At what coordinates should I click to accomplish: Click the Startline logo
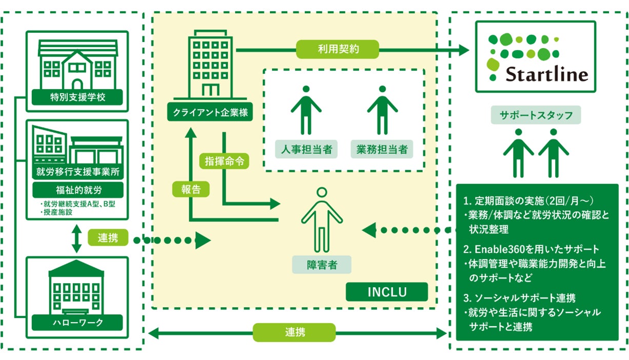(x=536, y=56)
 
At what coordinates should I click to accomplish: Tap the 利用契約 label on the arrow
(x=338, y=50)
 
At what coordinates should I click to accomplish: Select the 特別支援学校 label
(x=77, y=96)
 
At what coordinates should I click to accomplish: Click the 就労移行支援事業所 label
(x=77, y=171)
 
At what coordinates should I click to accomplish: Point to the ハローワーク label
(x=77, y=323)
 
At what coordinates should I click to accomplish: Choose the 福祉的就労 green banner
(x=77, y=190)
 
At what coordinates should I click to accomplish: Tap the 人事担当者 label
(x=306, y=149)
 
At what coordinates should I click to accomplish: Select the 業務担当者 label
(x=382, y=149)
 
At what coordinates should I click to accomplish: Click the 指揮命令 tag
(x=224, y=161)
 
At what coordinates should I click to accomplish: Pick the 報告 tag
(x=190, y=189)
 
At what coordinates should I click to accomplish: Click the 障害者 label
(x=322, y=265)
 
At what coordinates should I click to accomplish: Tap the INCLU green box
(x=387, y=292)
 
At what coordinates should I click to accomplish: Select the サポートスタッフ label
(x=536, y=115)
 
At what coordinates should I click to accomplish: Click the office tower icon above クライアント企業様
(x=210, y=64)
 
